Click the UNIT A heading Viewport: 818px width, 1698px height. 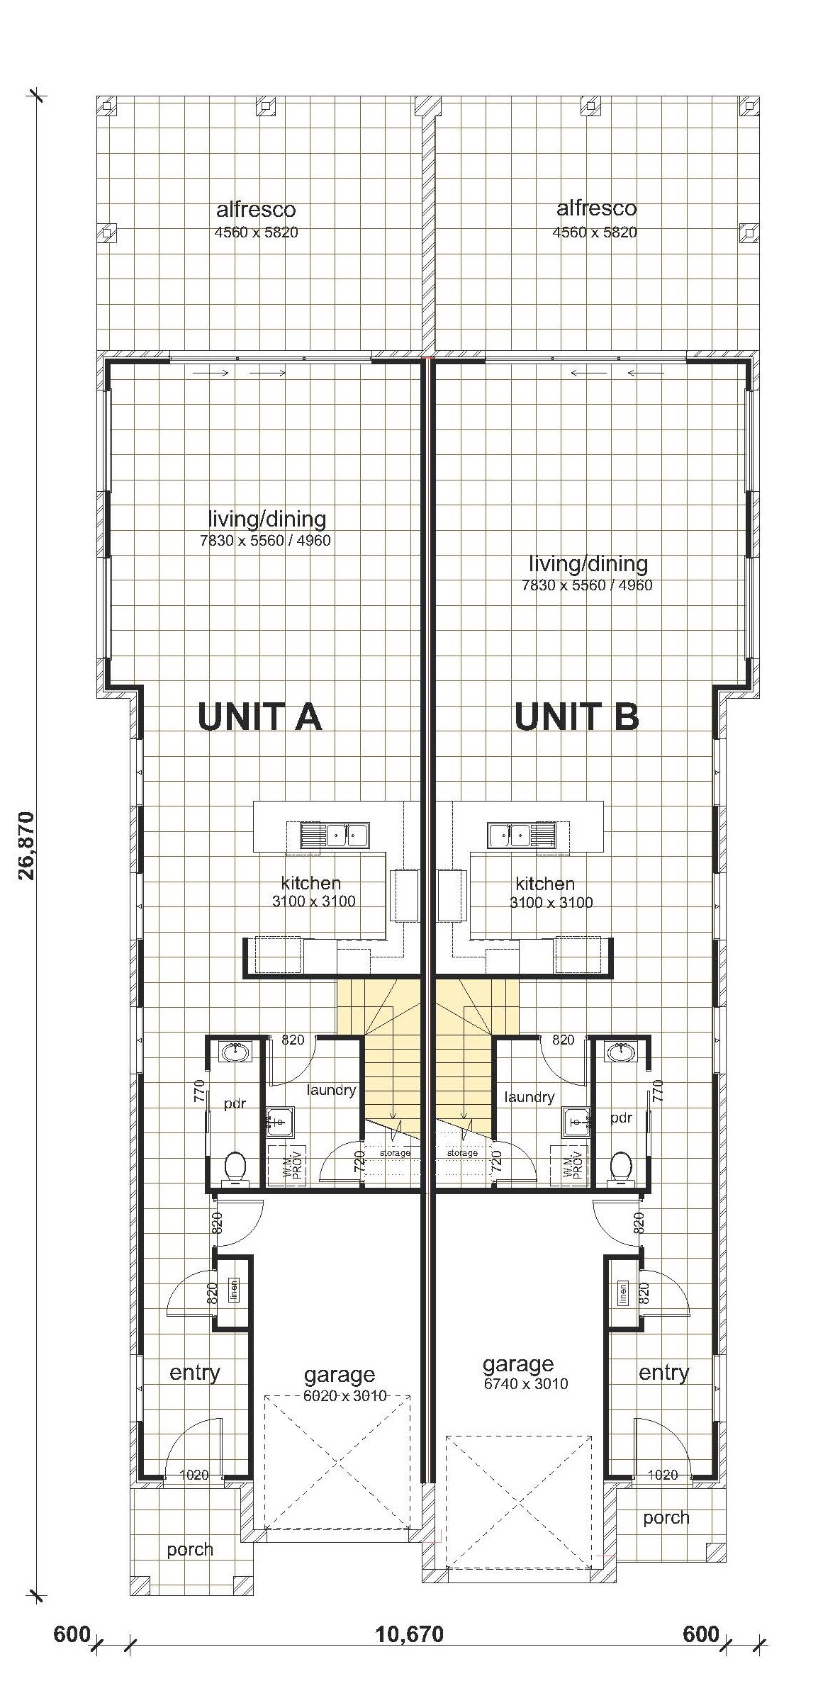click(259, 716)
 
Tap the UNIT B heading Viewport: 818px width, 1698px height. click(576, 716)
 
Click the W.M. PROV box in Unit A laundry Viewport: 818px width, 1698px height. click(286, 1166)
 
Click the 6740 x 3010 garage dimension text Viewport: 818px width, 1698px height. click(525, 1383)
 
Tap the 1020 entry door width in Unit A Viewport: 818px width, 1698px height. click(194, 1475)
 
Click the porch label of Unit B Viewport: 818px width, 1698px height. click(666, 1517)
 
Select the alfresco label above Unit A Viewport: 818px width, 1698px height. click(256, 210)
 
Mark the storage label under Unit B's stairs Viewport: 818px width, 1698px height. click(462, 1153)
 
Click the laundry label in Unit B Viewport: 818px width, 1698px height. click(530, 1097)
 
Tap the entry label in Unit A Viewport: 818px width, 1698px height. click(195, 1373)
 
